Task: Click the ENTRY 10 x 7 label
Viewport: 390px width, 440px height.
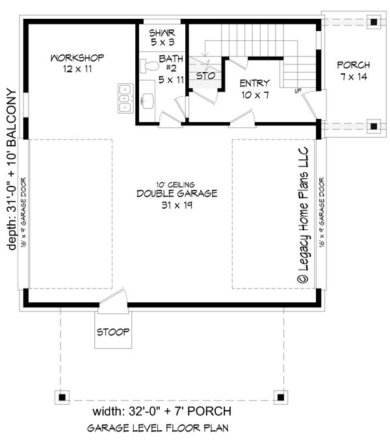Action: [x=254, y=88]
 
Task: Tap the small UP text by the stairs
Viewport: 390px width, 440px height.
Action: [x=298, y=90]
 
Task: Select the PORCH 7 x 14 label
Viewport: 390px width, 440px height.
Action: [x=354, y=70]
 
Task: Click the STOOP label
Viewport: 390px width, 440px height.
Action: [x=114, y=331]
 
